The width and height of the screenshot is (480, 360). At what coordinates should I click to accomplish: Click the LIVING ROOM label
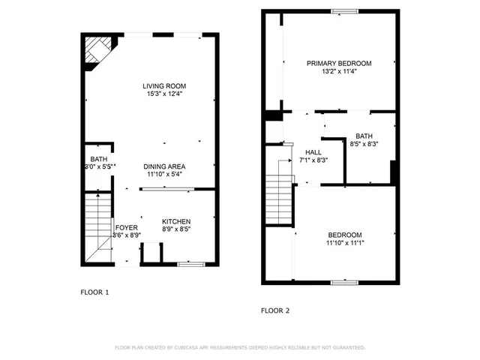(x=164, y=86)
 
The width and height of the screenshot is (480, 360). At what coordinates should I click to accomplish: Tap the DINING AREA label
(x=165, y=166)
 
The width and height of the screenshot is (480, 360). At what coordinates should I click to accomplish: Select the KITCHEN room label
(x=176, y=221)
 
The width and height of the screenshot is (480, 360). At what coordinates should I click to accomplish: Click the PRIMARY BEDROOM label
(x=339, y=64)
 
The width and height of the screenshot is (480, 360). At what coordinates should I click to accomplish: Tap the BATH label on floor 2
(x=364, y=135)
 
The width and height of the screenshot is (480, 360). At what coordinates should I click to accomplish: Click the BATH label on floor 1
(x=99, y=159)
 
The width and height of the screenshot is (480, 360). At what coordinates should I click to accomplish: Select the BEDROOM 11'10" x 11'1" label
(x=344, y=234)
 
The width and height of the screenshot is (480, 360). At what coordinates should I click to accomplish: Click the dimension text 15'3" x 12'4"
(x=164, y=94)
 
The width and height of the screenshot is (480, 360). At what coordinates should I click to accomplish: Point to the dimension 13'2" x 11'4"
(x=339, y=72)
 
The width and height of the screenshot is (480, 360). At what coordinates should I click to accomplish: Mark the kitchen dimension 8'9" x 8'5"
(x=176, y=229)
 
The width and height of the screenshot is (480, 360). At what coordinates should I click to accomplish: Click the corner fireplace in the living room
(x=94, y=52)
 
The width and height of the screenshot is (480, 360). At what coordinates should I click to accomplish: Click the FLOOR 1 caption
(x=95, y=292)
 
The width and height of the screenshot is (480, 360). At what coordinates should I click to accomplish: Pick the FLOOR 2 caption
(x=275, y=310)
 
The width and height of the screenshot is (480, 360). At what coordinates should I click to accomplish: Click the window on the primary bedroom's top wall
(x=344, y=10)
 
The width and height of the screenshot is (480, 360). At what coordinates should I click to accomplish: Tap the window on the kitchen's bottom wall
(x=191, y=264)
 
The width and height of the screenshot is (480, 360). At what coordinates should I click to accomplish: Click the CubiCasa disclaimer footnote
(x=239, y=348)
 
